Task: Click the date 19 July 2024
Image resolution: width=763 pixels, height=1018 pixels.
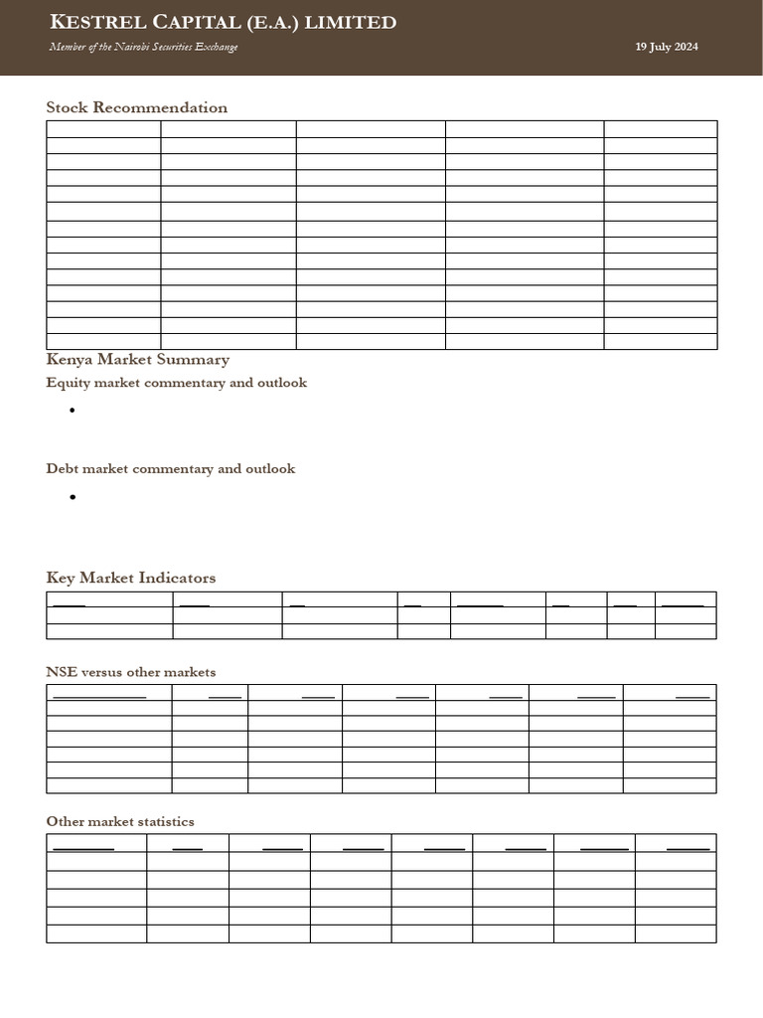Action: pos(667,47)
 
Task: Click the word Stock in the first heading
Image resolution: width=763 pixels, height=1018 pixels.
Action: pos(68,107)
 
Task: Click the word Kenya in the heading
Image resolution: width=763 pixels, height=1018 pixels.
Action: pos(69,360)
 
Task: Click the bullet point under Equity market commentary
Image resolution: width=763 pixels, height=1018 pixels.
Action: pos(74,411)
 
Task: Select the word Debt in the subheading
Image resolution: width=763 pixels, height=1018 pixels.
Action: pos(63,468)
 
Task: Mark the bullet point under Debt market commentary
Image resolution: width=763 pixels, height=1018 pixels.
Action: pos(74,497)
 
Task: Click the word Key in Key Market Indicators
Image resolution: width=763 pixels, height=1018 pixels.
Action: pos(60,578)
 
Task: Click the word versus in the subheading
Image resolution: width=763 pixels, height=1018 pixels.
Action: pos(103,673)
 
